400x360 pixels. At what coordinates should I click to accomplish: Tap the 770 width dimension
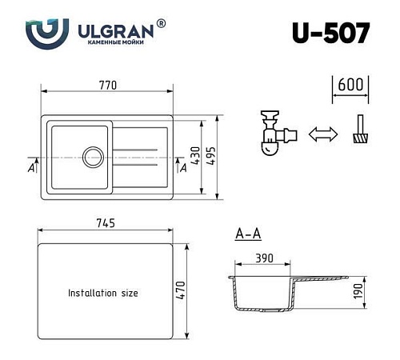(109, 85)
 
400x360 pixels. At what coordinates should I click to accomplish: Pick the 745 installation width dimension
(106, 222)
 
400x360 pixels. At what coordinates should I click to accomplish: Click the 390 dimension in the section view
(266, 258)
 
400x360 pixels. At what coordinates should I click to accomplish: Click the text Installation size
(102, 293)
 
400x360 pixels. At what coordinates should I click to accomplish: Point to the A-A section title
(247, 234)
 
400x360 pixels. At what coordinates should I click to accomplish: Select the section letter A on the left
(30, 167)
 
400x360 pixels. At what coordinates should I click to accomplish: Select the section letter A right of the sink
(183, 167)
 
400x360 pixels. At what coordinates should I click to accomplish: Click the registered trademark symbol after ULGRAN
(162, 24)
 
